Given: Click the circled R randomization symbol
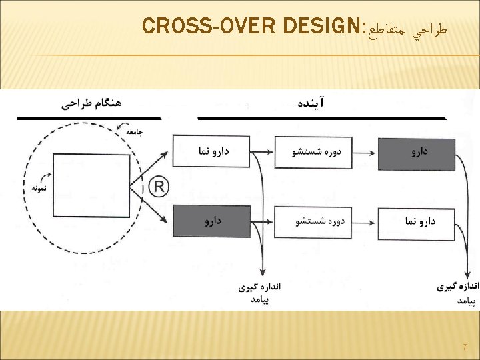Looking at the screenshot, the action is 158,186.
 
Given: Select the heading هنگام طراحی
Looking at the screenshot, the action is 91,103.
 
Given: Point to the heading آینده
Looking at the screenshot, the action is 311,103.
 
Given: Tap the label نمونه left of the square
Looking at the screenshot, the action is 42,188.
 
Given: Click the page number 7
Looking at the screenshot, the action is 464,347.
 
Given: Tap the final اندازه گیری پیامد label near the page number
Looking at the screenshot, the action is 457,293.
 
